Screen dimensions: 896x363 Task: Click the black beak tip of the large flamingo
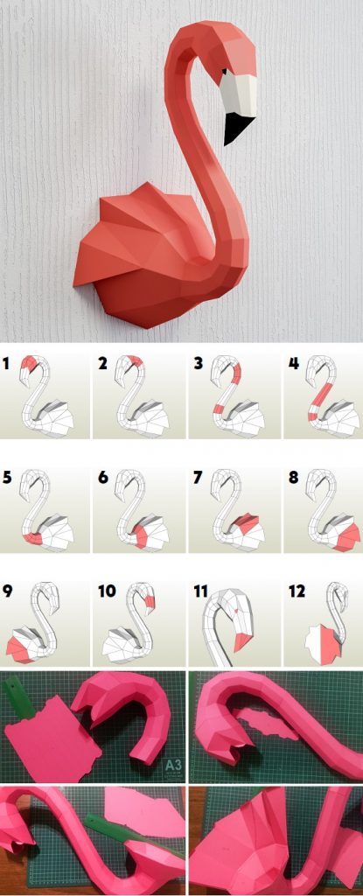click(x=235, y=128)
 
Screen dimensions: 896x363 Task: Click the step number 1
click(x=7, y=362)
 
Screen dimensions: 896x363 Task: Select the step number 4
click(x=293, y=362)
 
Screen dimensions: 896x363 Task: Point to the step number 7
click(x=198, y=478)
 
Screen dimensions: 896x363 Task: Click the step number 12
click(x=297, y=592)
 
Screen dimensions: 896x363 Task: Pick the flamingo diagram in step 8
click(x=332, y=512)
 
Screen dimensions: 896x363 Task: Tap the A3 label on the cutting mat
click(x=174, y=767)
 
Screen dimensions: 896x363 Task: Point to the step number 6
click(x=103, y=478)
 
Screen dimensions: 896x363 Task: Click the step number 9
click(x=8, y=592)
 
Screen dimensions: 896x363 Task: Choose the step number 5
click(x=8, y=478)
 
